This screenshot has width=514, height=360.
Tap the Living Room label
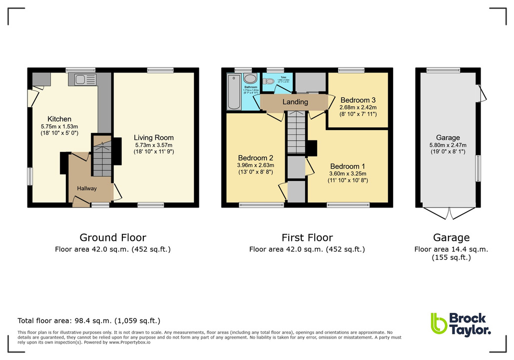pos(153,137)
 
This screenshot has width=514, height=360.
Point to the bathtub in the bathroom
pos(234,92)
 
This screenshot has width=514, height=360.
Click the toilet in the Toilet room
pos(271,81)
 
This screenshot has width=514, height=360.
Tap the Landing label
pos(295,102)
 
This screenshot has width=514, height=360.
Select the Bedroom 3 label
pos(358,100)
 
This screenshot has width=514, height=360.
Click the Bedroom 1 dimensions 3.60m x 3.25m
pos(348,173)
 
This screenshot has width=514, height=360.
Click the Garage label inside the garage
pos(448,138)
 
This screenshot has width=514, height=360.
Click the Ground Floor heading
pos(113,237)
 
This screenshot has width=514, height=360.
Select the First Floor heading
pos(307,237)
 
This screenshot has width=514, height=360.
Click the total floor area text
pos(89,321)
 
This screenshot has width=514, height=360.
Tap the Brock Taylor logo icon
pos(438,323)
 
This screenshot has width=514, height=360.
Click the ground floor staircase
pos(101,156)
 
